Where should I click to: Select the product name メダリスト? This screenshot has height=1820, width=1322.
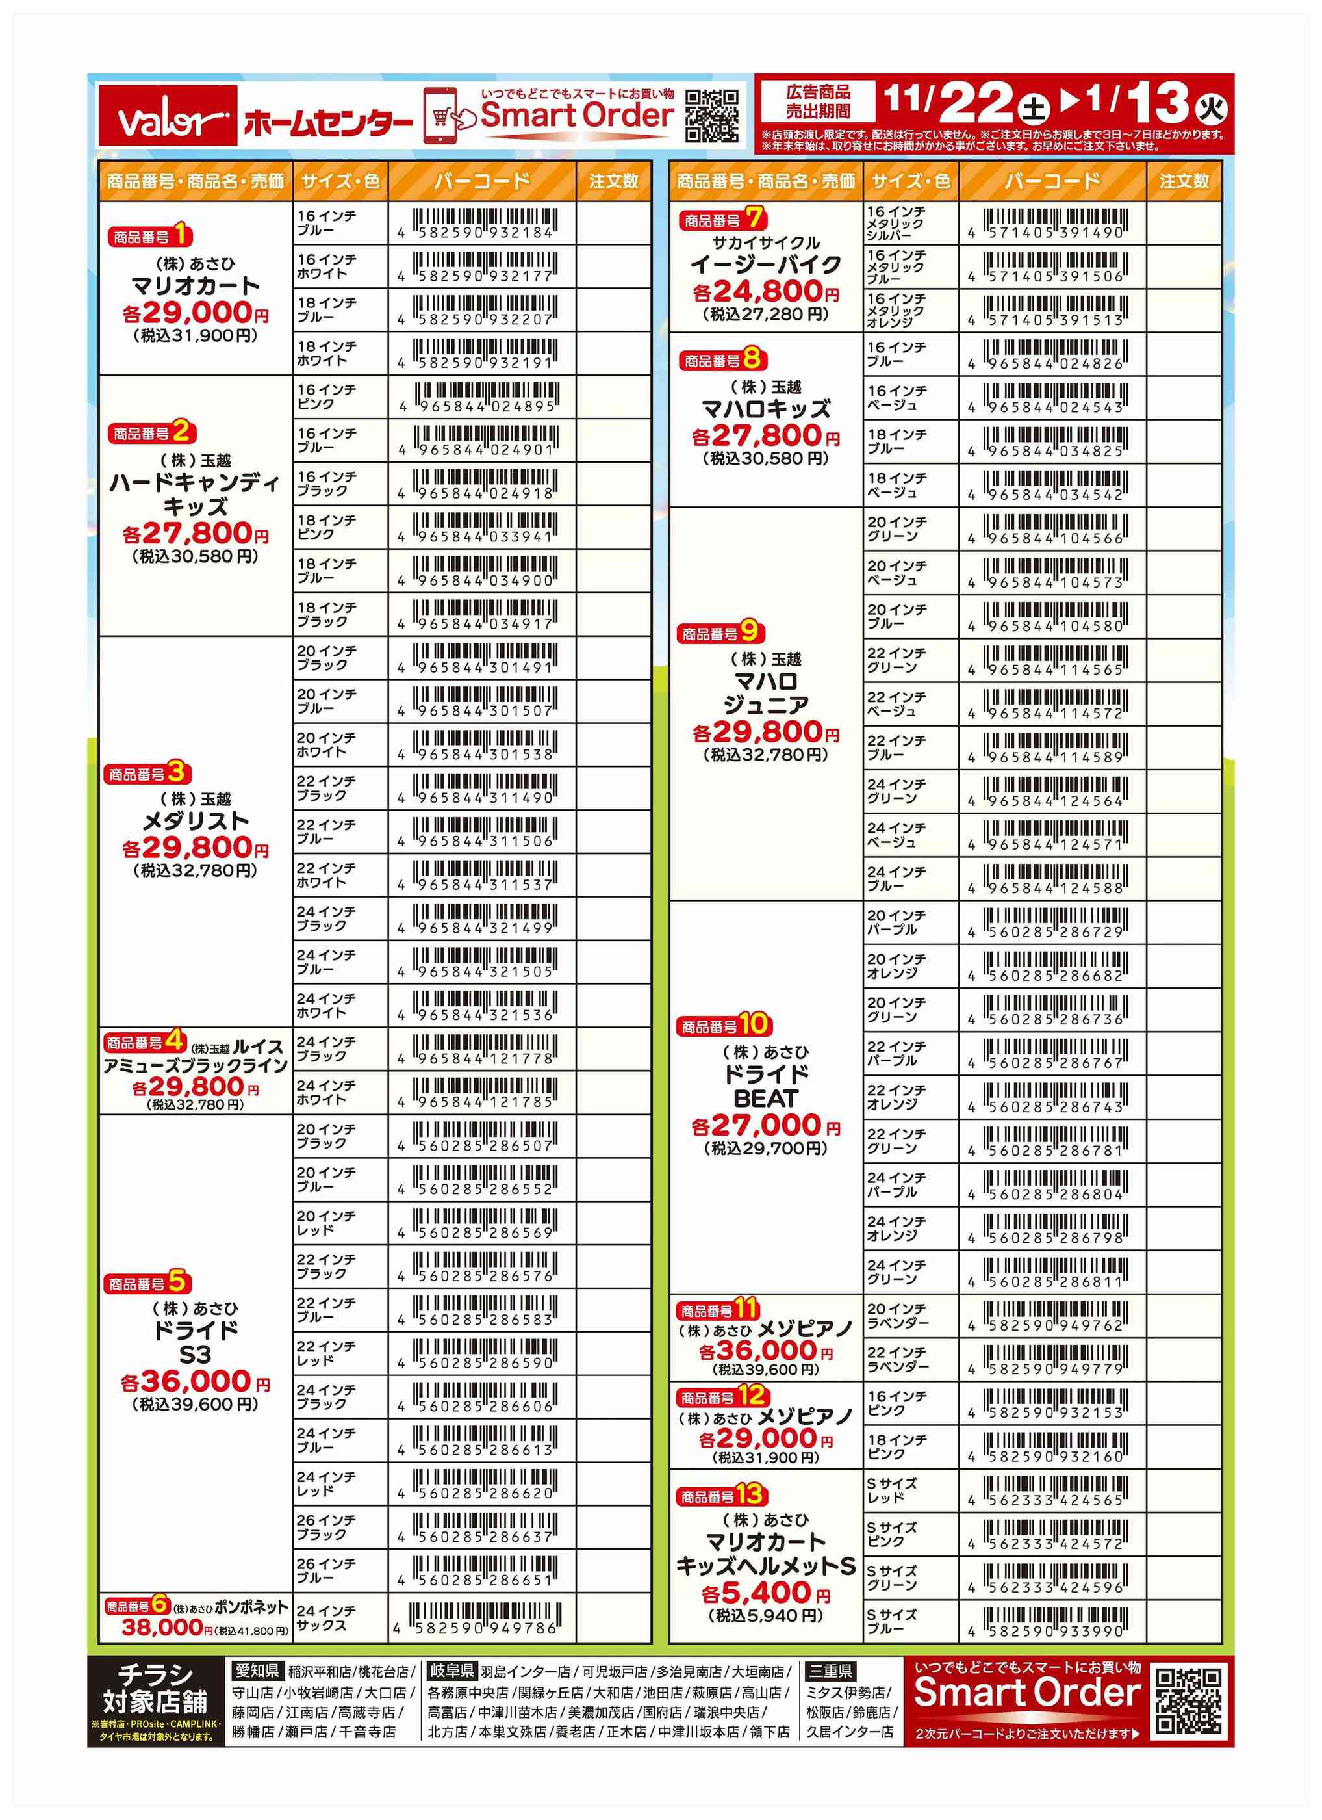pos(195,820)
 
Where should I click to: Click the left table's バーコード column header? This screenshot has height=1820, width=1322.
pos(482,181)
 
